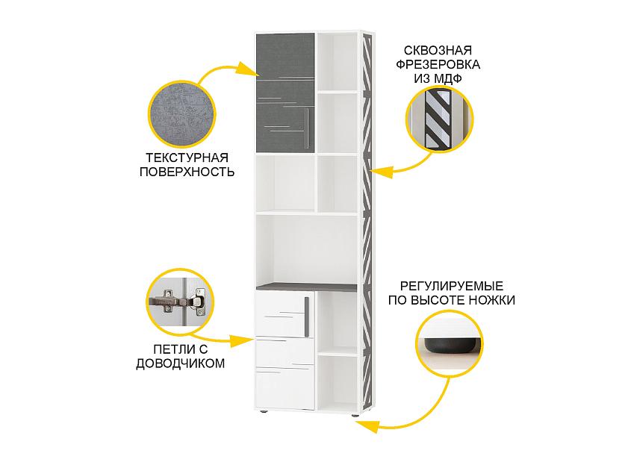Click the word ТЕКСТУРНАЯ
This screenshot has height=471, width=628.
pos(187,157)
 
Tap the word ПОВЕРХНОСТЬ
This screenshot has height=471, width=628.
pos(187,172)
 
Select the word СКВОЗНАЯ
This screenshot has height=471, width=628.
pos(438,51)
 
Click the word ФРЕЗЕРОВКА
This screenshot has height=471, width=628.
pos(438,64)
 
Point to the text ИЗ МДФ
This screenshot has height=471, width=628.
pos(438,78)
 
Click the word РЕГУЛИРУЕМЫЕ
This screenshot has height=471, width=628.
pos(451,287)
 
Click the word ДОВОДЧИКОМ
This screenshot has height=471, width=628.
pos(181,364)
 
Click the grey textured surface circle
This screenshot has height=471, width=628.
pos(182,113)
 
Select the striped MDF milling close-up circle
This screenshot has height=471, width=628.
pos(439,119)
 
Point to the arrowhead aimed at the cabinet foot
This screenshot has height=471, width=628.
pos(367,425)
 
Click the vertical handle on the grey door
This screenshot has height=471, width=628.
pos(309,125)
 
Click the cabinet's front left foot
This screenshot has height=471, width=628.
pos(262,412)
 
